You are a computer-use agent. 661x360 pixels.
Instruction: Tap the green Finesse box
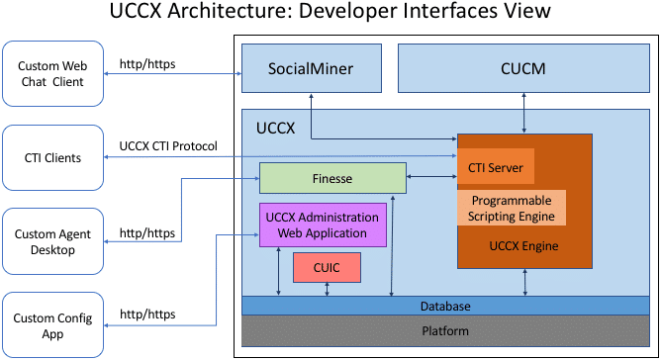pos(332,178)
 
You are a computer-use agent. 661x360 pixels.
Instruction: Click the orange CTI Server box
pos(495,167)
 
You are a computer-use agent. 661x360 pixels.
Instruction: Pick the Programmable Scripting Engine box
pos(512,207)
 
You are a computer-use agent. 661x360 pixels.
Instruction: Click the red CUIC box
pos(327,267)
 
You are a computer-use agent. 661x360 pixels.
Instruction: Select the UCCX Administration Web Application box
pos(322,225)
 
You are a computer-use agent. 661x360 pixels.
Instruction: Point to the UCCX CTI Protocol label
pos(167,146)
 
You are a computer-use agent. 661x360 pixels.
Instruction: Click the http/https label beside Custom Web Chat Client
pos(147,62)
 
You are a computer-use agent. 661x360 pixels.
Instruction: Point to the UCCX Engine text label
pos(523,245)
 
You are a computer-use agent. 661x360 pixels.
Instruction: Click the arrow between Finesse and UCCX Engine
pos(431,178)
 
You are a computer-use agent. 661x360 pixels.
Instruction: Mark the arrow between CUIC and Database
pos(327,289)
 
